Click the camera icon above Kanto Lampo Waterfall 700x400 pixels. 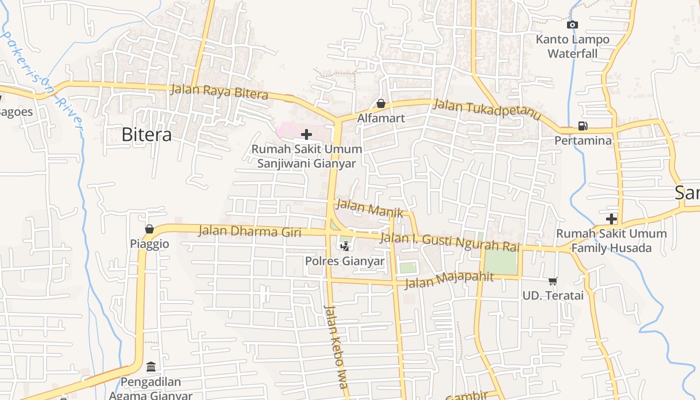pos(572,24)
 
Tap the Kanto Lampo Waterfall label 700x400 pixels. pos(572,46)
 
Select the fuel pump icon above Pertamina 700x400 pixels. pos(582,126)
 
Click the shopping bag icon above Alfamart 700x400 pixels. pos(381,103)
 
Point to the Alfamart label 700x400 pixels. pos(381,118)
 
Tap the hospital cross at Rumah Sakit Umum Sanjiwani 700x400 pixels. pos(306,134)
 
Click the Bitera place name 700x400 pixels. pos(146,134)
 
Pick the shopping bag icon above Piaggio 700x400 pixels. pos(149,229)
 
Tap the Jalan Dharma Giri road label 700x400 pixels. pos(249,231)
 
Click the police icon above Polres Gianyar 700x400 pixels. pos(344,245)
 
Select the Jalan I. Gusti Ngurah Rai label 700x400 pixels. pos(450,242)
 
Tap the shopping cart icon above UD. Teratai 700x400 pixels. pos(552,281)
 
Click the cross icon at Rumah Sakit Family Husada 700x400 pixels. pos(611,218)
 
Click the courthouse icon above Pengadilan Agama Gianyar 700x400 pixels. pos(151,367)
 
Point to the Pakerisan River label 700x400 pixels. pos(42,80)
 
